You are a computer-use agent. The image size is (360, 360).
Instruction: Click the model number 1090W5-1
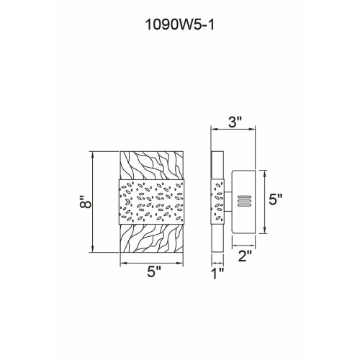tap(179, 24)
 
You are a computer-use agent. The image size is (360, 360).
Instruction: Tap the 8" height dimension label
tap(86, 202)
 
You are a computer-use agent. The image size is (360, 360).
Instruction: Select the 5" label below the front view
tap(154, 272)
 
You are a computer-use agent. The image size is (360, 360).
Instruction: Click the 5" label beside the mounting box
tap(275, 199)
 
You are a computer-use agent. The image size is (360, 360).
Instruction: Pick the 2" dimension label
tap(245, 256)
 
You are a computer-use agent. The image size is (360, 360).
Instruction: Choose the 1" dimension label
tap(218, 274)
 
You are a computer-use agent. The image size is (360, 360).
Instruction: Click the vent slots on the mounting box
tap(244, 201)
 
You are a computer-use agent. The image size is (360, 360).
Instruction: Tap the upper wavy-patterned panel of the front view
tap(152, 166)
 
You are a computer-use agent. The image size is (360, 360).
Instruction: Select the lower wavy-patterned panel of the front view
tap(152, 238)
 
